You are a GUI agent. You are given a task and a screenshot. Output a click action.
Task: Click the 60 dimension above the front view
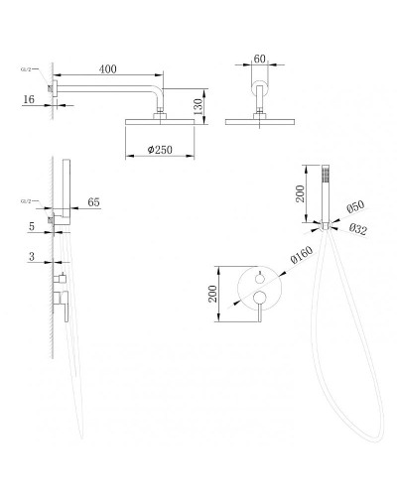pyautogui.click(x=260, y=60)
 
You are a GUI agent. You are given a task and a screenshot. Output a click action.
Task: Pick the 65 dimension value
pyautogui.click(x=94, y=201)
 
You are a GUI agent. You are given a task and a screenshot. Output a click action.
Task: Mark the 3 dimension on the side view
pyautogui.click(x=33, y=256)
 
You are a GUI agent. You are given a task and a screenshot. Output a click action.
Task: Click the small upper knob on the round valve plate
pyautogui.click(x=259, y=277)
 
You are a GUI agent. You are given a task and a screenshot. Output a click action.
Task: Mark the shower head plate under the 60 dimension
pyautogui.click(x=260, y=122)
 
